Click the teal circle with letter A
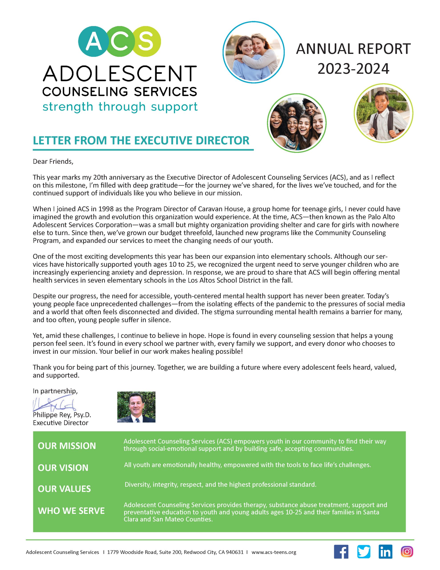coord(94,41)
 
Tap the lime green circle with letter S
coord(145,41)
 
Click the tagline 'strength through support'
coord(120,107)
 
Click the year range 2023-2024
coord(353,69)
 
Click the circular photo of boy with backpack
coord(383,113)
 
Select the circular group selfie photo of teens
coord(297,123)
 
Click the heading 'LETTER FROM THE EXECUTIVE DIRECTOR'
coord(141,140)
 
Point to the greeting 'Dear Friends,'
coord(53,162)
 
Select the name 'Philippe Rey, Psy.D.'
coord(62,415)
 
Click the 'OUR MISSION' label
coord(67,446)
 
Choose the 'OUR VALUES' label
coord(64,489)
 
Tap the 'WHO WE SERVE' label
coord(71,511)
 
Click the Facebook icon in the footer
coord(341,552)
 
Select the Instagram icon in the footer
coord(407,552)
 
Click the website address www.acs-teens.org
coord(274,552)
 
